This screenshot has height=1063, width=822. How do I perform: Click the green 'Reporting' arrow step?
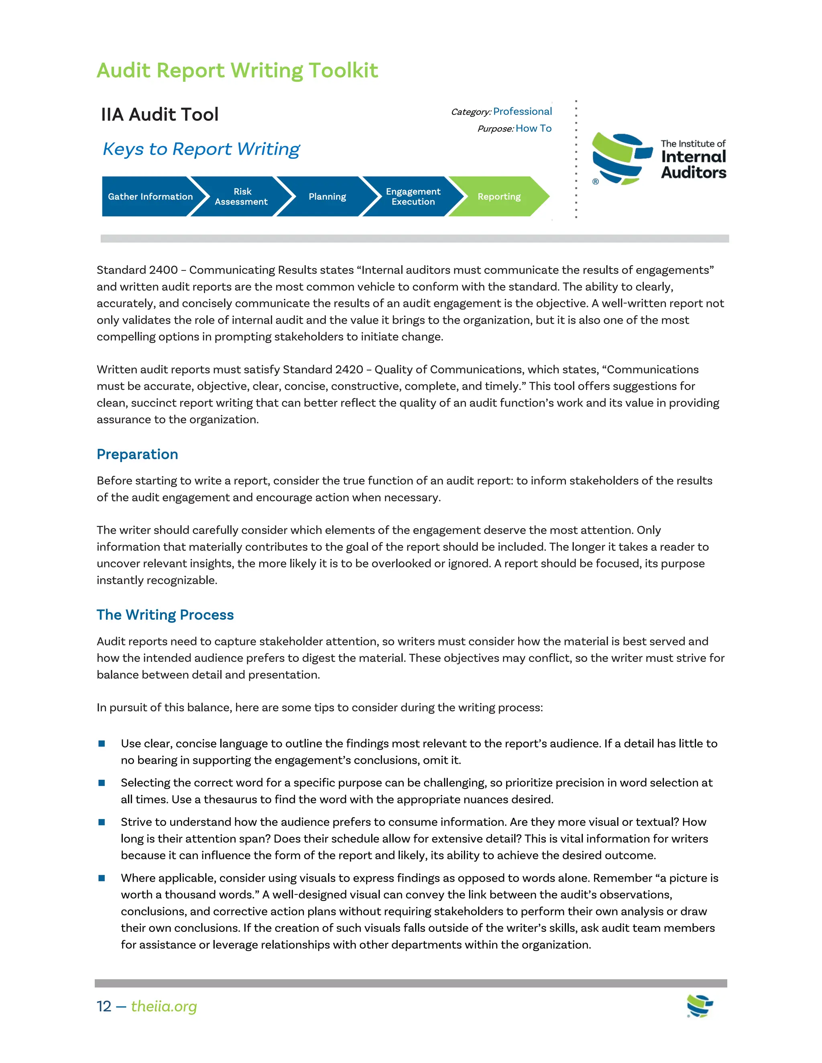498,197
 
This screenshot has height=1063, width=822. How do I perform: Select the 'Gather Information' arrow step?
150,197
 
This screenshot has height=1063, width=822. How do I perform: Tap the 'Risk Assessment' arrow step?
242,197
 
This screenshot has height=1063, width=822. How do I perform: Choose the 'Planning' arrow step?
327,197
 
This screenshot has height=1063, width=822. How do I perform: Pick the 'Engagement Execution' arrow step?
413,197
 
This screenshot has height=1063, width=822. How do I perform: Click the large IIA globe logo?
621,159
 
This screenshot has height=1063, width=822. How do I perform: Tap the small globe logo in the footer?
700,1006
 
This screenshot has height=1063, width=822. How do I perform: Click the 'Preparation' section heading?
137,454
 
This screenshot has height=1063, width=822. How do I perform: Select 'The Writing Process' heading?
165,615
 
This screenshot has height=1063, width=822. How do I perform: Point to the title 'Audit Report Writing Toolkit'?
237,71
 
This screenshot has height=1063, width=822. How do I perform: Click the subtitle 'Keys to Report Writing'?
201,149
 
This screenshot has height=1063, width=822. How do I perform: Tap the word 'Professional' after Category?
523,112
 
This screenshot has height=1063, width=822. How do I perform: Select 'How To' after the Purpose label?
534,128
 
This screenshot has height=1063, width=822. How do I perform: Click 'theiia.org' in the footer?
164,1006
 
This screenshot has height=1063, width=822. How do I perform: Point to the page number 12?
104,1006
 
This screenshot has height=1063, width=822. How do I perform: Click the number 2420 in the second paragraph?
349,369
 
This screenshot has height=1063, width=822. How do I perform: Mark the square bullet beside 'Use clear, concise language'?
102,743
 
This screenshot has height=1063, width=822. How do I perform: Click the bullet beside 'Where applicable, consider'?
102,878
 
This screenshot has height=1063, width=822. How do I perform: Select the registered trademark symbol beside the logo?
595,182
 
